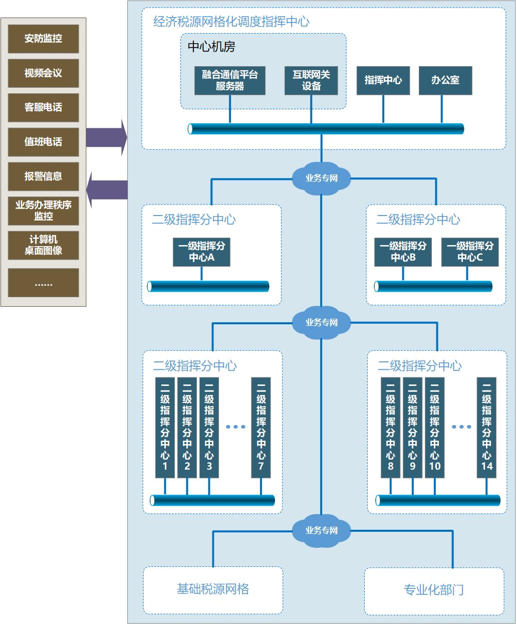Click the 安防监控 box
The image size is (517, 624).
pos(44,39)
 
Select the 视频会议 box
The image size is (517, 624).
pos(44,73)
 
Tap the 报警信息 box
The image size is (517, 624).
pos(44,176)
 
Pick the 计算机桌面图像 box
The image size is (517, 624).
pos(44,245)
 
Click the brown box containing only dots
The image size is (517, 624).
pos(44,283)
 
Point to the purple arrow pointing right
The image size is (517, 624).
pos(107,137)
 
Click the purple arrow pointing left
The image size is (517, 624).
pos(107,190)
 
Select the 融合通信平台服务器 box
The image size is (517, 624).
pos(230,80)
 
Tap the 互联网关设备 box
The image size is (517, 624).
pos(311,80)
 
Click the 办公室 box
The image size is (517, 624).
pos(445,80)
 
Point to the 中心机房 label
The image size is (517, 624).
pos(211,47)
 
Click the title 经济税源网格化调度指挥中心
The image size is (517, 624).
pos(231,22)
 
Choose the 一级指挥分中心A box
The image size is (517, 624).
pos(201,252)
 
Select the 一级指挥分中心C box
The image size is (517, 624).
pos(470,252)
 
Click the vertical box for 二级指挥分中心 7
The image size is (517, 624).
pos(261,428)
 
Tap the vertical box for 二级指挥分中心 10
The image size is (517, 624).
pos(434,428)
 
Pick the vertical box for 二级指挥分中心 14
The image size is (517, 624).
pos(486,428)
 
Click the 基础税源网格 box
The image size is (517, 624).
pos(213,590)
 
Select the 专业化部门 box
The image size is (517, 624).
pos(434,590)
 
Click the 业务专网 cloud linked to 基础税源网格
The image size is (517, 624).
pos(322,530)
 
